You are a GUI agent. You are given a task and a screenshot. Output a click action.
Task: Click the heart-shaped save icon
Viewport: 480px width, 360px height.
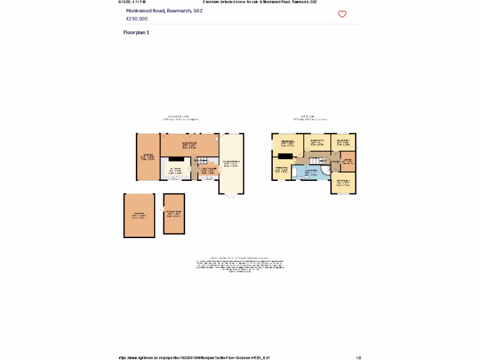coord(342,14)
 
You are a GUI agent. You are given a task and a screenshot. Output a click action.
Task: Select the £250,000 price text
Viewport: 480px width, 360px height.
coord(137,19)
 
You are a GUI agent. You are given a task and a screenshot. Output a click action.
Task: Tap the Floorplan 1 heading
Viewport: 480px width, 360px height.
coord(136,32)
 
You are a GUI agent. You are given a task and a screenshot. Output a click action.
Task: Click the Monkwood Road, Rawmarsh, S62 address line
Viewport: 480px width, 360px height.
coord(164,10)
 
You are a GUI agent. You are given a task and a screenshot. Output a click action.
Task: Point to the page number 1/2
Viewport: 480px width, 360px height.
coord(359,358)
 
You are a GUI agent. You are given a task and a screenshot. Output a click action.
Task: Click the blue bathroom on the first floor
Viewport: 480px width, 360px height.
coord(309,172)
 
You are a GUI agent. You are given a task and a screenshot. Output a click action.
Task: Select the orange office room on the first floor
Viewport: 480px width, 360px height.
coord(347,161)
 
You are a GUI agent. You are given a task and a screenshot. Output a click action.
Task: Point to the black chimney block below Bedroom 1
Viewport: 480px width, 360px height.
coord(285,157)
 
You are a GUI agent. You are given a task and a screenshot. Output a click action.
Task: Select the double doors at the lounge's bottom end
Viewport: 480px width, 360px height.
coord(231,196)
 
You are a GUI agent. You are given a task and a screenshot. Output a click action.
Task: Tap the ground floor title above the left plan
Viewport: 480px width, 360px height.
coord(179,117)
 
